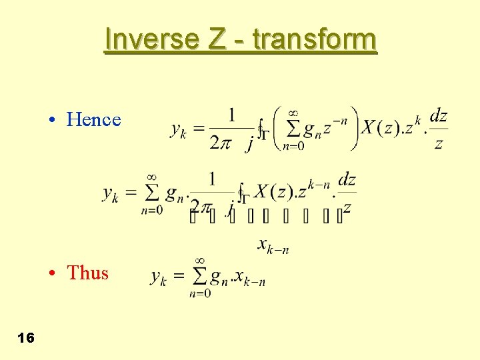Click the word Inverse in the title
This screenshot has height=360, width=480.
point(151,39)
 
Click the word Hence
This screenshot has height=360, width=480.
point(94,119)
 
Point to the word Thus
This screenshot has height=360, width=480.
point(87,273)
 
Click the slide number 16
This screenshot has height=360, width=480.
point(26,338)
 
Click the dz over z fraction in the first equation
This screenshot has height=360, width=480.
point(438,129)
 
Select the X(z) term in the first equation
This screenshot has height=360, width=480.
point(379,127)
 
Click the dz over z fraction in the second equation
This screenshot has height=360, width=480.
point(347,193)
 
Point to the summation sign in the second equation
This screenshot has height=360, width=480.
point(151,193)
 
